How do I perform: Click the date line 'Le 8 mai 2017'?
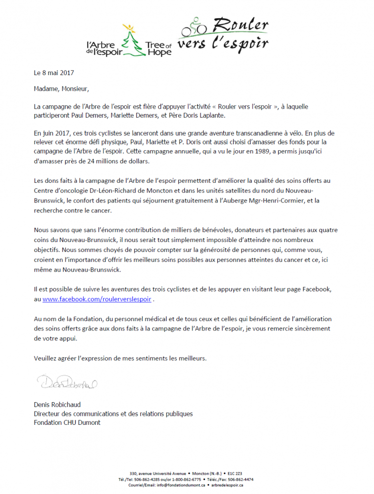coord(53,73)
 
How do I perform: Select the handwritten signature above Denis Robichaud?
coord(67,383)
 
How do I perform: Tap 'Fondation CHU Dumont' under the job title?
coord(67,422)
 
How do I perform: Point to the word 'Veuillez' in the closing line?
coord(46,358)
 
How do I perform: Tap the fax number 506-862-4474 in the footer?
coord(241,479)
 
